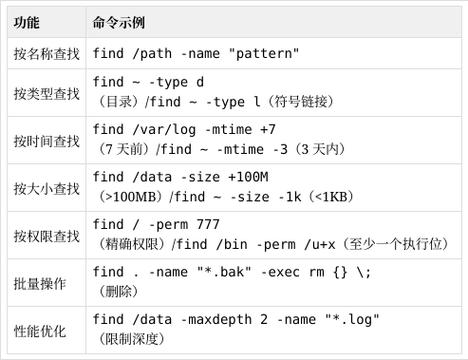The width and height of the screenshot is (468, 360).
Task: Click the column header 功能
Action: click(26, 21)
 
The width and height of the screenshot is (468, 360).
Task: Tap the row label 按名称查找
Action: click(46, 54)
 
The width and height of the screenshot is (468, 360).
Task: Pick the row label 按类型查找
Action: click(46, 94)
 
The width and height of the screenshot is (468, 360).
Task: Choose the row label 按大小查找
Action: click(46, 187)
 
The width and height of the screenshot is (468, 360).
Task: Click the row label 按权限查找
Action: click(46, 235)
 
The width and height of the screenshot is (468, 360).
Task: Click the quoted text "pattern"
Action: click(263, 54)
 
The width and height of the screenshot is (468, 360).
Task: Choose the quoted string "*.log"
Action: click(351, 319)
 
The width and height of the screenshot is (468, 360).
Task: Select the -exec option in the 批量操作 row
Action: click(284, 272)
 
